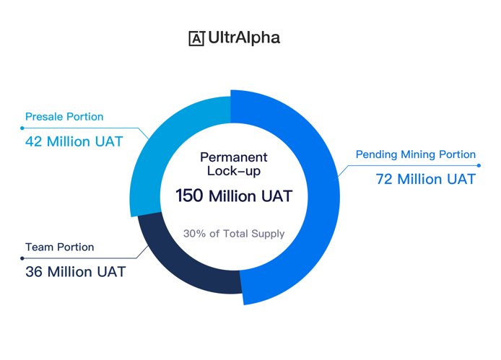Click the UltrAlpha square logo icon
tap(196, 39)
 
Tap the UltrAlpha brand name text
tap(244, 38)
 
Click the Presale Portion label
tap(64, 117)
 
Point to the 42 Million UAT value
tap(74, 141)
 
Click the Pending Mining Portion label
tap(416, 154)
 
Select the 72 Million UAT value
tap(426, 179)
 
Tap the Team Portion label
tap(60, 247)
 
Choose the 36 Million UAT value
tap(76, 272)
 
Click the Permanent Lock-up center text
tap(234, 164)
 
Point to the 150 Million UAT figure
tap(234, 196)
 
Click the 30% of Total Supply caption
tap(234, 234)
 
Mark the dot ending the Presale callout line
tap(22, 128)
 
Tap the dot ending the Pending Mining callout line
tap(479, 165)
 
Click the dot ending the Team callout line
tap(22, 258)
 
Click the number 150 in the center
tap(189, 196)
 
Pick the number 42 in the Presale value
tap(33, 141)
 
